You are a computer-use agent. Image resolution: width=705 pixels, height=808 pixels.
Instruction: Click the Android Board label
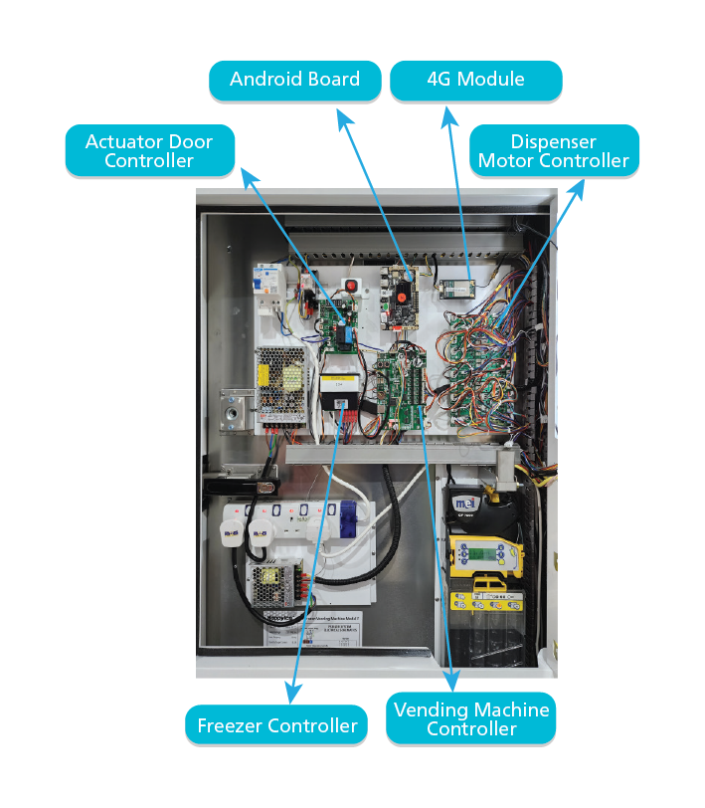pyautogui.click(x=294, y=80)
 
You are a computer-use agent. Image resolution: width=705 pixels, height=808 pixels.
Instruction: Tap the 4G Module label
pyautogui.click(x=475, y=80)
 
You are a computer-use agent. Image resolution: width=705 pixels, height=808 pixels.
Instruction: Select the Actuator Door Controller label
pyautogui.click(x=149, y=151)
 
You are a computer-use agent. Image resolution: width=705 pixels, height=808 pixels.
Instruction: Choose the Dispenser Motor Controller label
pyautogui.click(x=553, y=151)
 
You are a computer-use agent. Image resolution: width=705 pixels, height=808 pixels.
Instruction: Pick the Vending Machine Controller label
pyautogui.click(x=471, y=718)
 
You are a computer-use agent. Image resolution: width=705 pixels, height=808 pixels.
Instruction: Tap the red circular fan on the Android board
pyautogui.click(x=401, y=292)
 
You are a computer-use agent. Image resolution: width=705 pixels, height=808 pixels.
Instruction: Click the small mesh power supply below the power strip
pyautogui.click(x=273, y=583)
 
